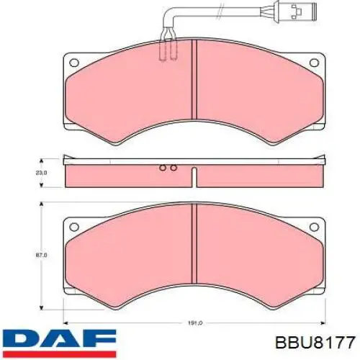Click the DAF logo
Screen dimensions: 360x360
59,344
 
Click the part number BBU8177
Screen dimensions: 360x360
315,342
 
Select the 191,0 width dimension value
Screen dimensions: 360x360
194,323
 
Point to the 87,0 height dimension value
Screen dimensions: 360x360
41,256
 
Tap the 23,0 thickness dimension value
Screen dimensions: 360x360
41,173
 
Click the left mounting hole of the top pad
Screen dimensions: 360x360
74,63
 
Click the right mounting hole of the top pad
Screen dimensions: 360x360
314,63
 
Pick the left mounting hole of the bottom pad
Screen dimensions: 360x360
74,227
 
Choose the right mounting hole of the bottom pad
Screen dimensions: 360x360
314,227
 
